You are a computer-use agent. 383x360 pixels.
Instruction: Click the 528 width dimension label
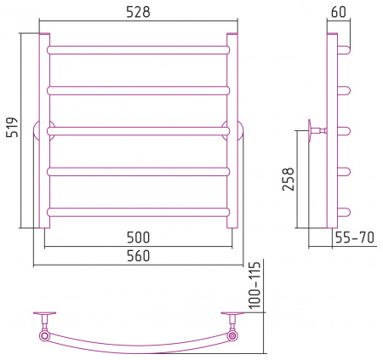tap(138, 13)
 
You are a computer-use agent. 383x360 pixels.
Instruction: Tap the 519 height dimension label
tap(13, 127)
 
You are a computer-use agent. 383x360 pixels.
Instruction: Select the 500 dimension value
tap(138, 237)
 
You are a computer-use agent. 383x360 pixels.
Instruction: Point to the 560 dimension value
tap(138, 255)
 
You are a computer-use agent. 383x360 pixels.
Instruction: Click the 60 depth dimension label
tap(339, 12)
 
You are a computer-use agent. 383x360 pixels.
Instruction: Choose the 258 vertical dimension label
tap(289, 179)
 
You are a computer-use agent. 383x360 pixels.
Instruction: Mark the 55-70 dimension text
tap(355, 237)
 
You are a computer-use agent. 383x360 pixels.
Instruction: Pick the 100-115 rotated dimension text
tap(254, 285)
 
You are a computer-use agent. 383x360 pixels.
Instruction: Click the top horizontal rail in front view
tap(139, 50)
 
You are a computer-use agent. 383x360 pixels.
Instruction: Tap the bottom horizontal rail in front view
tap(139, 212)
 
